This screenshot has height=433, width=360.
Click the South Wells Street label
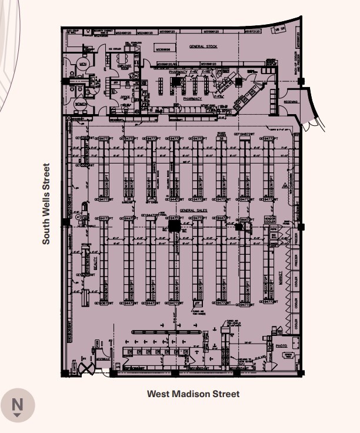(46, 204)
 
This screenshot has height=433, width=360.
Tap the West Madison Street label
(193, 394)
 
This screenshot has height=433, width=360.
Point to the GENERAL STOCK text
(203, 46)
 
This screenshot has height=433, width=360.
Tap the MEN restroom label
(84, 63)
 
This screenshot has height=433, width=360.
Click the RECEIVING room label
(291, 101)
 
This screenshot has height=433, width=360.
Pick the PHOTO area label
(281, 346)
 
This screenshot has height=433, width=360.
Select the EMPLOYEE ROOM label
(124, 68)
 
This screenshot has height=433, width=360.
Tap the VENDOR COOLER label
(270, 219)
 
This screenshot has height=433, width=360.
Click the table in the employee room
(123, 59)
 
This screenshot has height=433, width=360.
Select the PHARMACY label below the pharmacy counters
(192, 99)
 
